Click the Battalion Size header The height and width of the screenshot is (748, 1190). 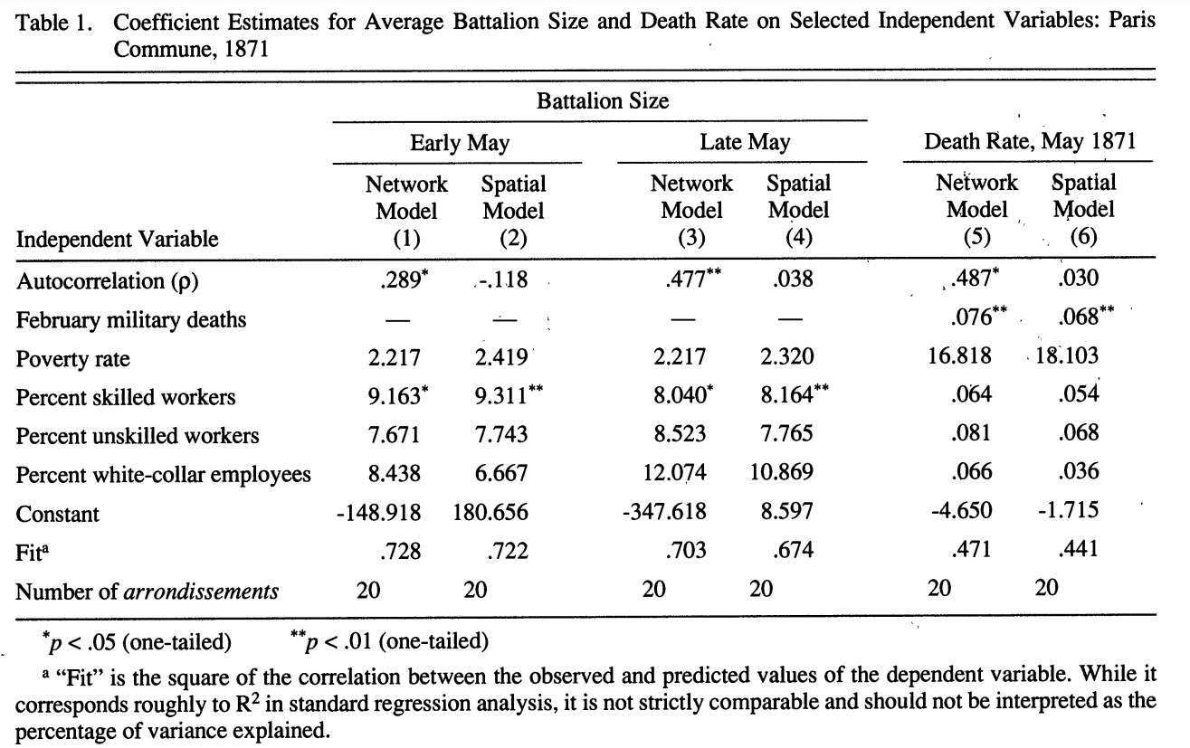(603, 101)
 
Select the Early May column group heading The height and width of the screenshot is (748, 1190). (460, 143)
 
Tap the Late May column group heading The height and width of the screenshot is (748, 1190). (745, 142)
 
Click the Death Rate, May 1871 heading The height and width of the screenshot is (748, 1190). (1030, 141)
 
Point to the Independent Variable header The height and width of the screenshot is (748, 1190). (117, 239)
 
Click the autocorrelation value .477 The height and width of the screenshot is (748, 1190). (686, 279)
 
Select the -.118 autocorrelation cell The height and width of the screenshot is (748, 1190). (502, 279)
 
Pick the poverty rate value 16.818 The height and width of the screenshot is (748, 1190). (959, 355)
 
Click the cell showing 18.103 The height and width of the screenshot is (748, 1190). (1067, 355)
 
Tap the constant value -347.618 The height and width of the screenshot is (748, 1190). (664, 511)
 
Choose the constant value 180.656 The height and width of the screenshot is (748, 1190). (490, 512)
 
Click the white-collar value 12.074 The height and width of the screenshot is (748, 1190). (675, 472)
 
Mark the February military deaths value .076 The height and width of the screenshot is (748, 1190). (971, 317)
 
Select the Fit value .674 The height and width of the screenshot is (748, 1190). (793, 550)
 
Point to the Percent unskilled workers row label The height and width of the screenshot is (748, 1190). (138, 436)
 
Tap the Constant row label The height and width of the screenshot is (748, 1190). (57, 514)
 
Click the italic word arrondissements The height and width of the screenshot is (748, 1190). (201, 592)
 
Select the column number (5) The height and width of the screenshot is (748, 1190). (977, 236)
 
